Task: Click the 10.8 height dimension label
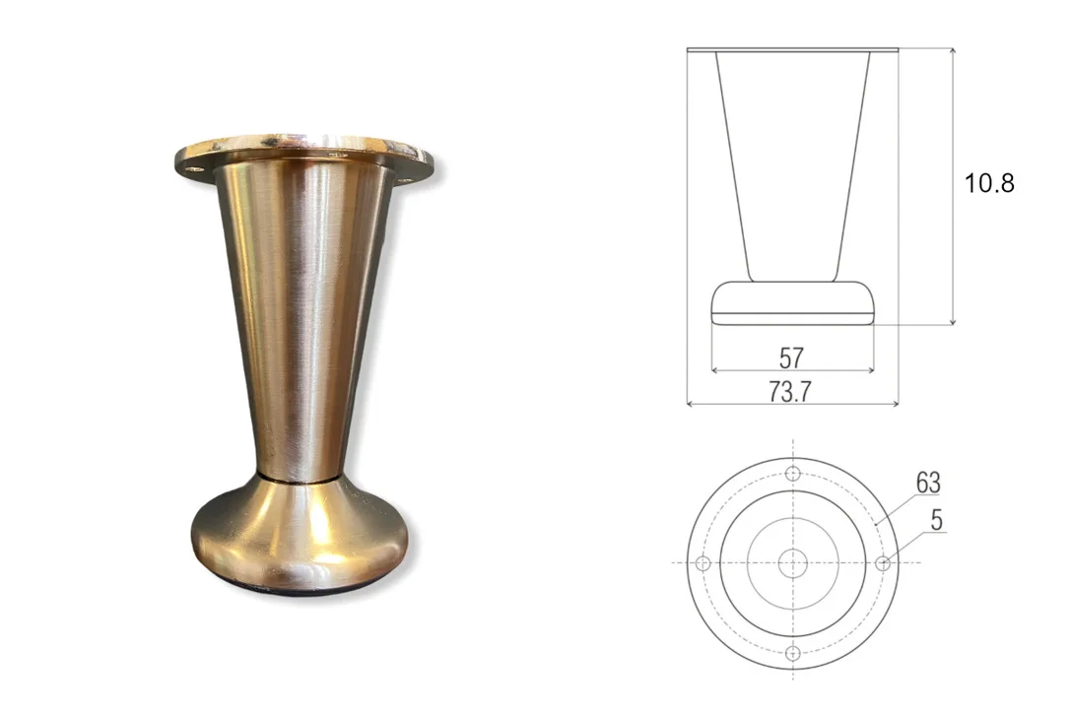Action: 989,183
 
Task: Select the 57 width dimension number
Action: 791,357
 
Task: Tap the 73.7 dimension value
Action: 789,392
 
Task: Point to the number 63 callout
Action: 928,483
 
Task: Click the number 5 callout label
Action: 936,520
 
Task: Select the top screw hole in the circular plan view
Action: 793,473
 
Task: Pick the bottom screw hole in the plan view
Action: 793,653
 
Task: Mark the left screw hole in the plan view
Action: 702,563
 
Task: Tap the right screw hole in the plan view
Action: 883,563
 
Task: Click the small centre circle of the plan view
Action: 793,563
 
